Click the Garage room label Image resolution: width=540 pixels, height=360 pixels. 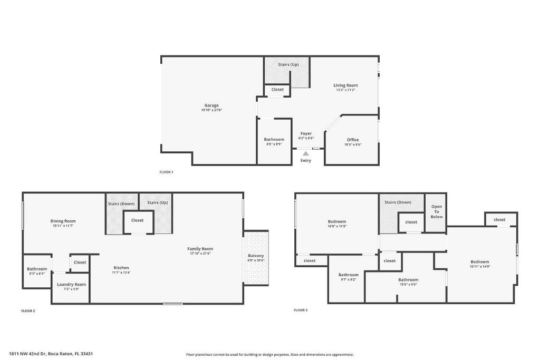coord(211,105)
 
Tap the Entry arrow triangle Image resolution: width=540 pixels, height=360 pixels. coord(306,153)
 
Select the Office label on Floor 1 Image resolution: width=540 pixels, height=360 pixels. coord(353,140)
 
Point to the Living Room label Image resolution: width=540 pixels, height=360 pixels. coord(345,85)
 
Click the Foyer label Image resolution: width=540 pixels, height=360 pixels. coord(306,134)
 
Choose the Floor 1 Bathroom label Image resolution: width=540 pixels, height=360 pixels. coord(274,139)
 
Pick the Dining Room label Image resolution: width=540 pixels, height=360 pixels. coord(63,221)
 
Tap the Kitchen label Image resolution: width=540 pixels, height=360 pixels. coord(121,268)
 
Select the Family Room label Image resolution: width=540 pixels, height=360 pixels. coord(200,249)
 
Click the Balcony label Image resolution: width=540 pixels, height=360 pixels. coord(256,256)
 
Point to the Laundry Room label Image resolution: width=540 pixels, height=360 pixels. coord(71,284)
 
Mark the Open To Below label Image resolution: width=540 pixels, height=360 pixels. coord(437,211)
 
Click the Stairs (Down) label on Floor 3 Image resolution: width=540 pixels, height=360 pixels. coord(398,202)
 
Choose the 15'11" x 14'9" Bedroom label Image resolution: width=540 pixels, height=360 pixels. coord(480,261)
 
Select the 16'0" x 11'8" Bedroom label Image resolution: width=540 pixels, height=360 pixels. coord(337,221)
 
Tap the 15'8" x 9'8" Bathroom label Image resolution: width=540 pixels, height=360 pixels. coord(408,280)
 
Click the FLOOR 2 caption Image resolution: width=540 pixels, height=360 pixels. coord(28,311)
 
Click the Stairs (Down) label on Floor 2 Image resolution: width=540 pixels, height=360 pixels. coord(121,203)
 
